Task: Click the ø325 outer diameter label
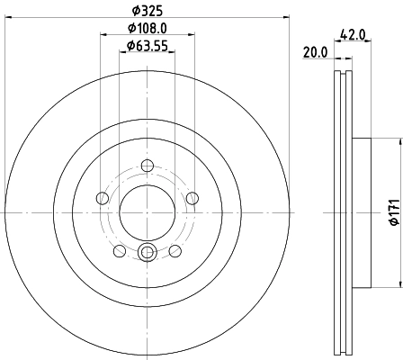[148, 12]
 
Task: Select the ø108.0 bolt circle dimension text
[148, 29]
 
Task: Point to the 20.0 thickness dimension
[315, 53]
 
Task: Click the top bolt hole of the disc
[148, 165]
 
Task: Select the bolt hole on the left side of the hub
[103, 198]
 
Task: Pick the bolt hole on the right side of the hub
[193, 198]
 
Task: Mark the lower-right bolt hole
[175, 251]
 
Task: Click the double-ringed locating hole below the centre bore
[148, 252]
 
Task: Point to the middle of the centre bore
[148, 212]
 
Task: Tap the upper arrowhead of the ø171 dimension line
[397, 141]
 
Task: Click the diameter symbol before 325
[135, 12]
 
